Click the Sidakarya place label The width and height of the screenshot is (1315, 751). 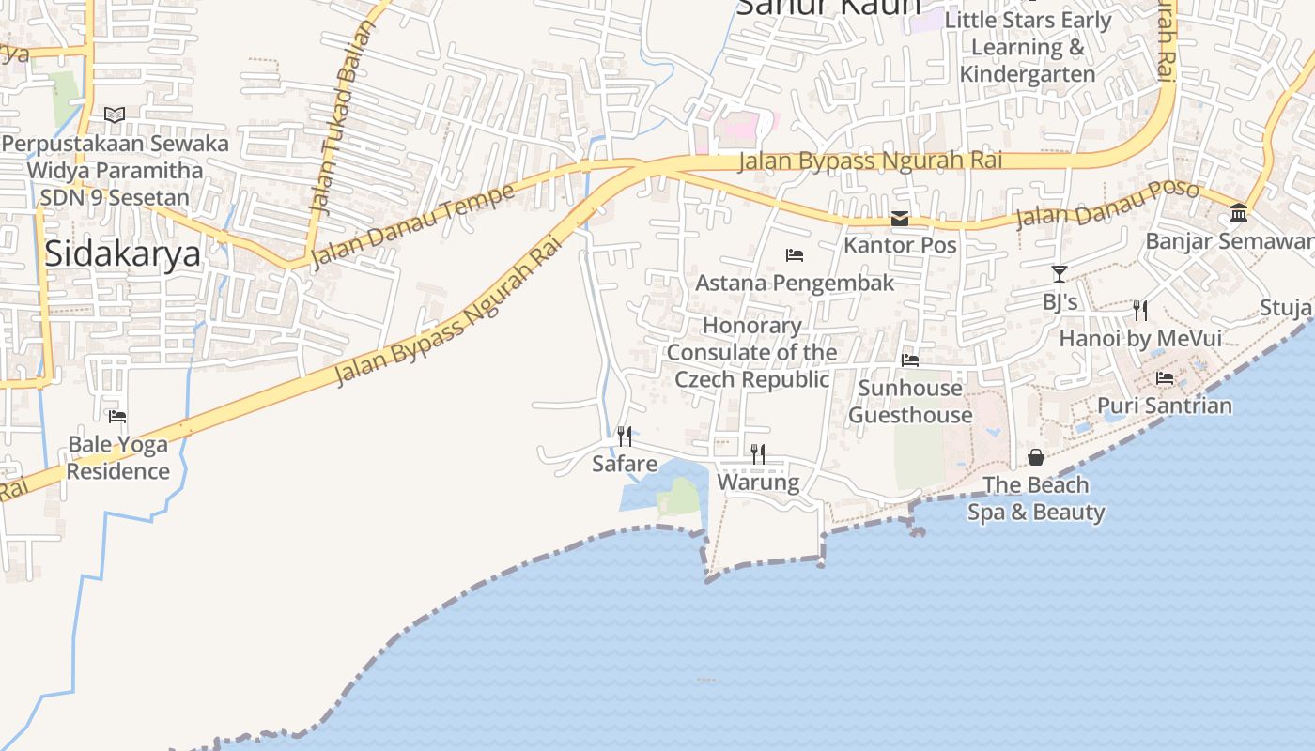click(x=122, y=253)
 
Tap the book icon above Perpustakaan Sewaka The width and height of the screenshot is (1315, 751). click(x=115, y=115)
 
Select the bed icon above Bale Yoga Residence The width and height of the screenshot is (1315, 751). click(x=117, y=416)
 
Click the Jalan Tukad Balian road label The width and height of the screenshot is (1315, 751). click(x=335, y=119)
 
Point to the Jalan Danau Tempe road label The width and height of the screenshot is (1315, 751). click(x=412, y=225)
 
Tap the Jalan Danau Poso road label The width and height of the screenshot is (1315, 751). click(x=1107, y=206)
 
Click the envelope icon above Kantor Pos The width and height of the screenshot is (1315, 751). click(x=900, y=219)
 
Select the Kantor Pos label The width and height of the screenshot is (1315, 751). click(x=900, y=245)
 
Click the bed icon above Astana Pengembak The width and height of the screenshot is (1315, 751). click(x=795, y=254)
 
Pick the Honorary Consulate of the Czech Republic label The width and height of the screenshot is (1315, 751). click(x=751, y=352)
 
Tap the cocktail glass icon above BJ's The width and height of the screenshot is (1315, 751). click(x=1060, y=274)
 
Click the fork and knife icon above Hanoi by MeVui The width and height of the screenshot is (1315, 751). click(x=1140, y=310)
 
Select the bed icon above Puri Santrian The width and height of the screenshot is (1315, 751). click(x=1165, y=378)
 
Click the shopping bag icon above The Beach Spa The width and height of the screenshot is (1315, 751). click(x=1036, y=457)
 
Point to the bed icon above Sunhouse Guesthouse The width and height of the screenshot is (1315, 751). click(x=910, y=360)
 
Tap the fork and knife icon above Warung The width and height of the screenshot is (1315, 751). click(x=758, y=454)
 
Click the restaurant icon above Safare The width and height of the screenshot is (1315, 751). click(x=625, y=436)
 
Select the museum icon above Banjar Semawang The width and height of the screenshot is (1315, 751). click(x=1239, y=213)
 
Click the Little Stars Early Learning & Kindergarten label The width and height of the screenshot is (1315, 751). click(x=1028, y=47)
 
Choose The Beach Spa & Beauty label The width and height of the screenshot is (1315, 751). click(x=1036, y=498)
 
